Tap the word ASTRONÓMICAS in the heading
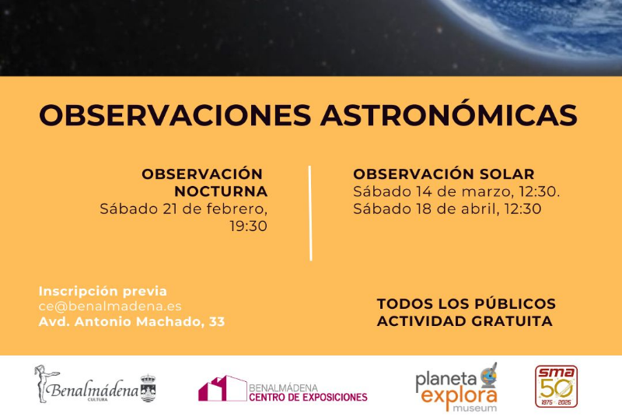tap(449, 115)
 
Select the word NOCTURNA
tap(221, 191)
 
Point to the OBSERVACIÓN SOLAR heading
tap(444, 174)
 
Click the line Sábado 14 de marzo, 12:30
tap(456, 191)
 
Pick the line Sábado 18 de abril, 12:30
tap(447, 208)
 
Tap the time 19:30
tap(248, 226)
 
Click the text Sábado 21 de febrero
tap(183, 208)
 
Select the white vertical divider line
tap(310, 212)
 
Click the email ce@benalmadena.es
tap(110, 307)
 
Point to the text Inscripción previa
tap(103, 291)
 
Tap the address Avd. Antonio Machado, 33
tap(132, 321)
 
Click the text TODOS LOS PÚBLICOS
tap(466, 303)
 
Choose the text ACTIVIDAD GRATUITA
tap(465, 321)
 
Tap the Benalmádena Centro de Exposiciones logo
tap(283, 389)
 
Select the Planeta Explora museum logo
tap(456, 387)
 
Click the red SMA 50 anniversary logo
tap(556, 387)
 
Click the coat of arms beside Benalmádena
tap(148, 388)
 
